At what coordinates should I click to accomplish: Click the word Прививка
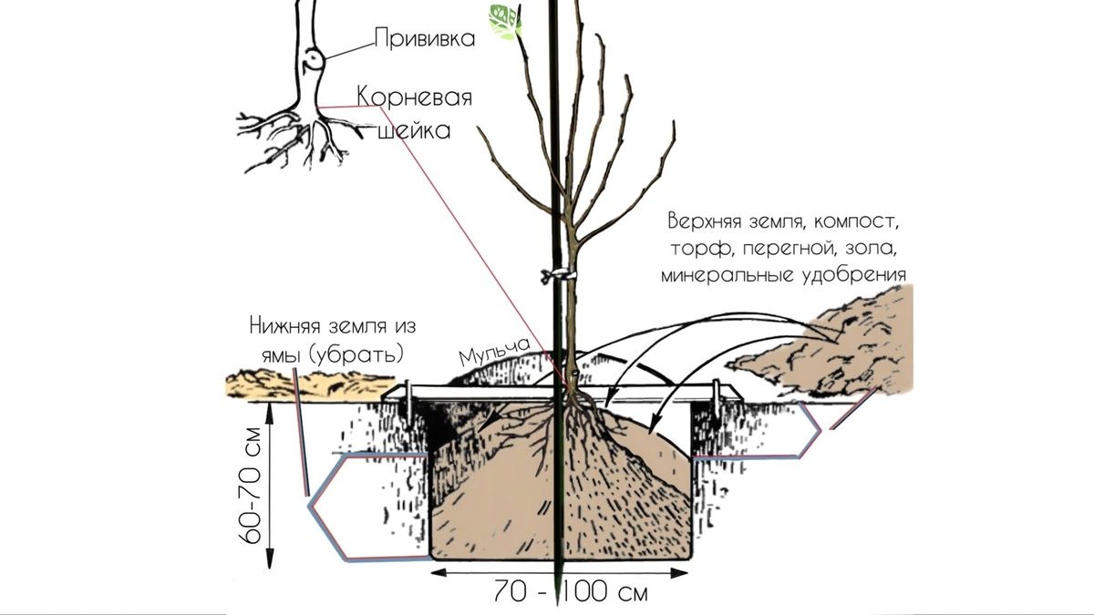tap(425, 38)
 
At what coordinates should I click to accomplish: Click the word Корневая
tap(415, 97)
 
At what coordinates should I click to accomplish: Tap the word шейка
tap(415, 131)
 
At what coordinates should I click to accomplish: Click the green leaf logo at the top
tap(505, 22)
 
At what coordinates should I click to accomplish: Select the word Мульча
tap(494, 352)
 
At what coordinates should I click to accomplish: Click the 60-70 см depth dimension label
tap(251, 487)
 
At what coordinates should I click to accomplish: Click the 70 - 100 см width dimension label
tap(570, 592)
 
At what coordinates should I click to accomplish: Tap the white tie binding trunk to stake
tap(558, 275)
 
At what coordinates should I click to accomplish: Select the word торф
tap(701, 249)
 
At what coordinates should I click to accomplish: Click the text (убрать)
tap(356, 354)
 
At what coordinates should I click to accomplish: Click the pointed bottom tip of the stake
tap(558, 604)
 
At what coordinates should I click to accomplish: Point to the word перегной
tap(788, 250)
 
